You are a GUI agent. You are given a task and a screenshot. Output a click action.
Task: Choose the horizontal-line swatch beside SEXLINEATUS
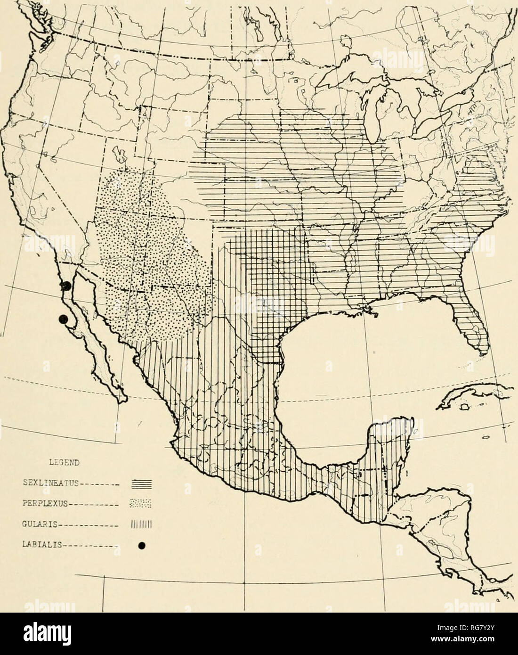tap(139, 483)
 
